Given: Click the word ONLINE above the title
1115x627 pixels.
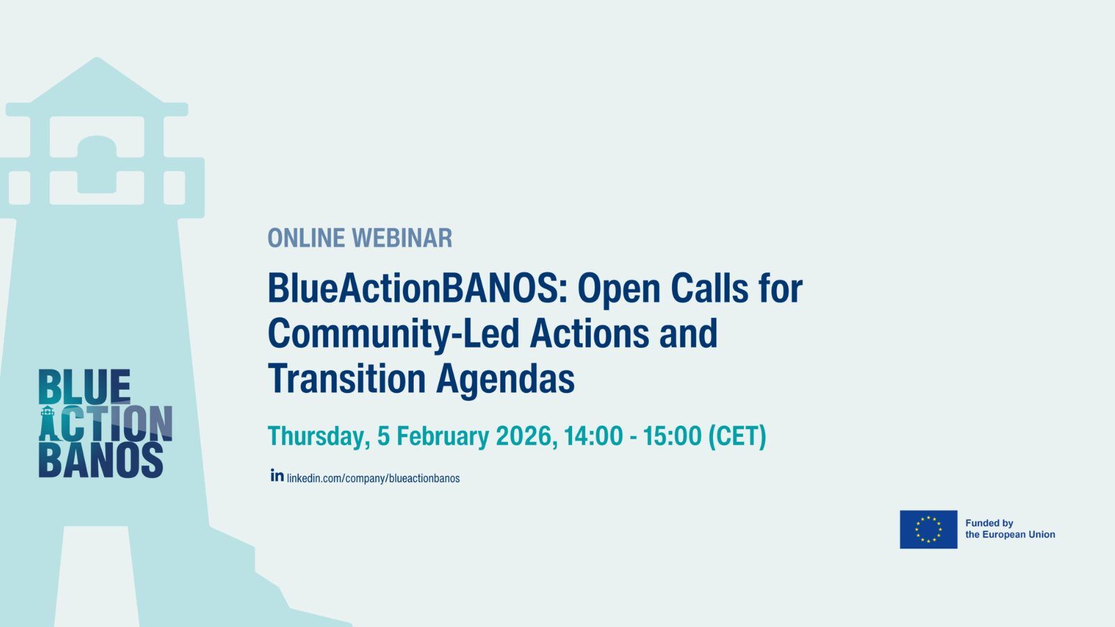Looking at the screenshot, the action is [x=306, y=238].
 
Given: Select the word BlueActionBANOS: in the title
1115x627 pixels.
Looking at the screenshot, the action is [x=417, y=288].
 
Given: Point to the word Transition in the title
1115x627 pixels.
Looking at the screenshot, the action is [x=347, y=379].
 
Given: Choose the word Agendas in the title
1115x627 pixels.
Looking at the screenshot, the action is [x=505, y=380].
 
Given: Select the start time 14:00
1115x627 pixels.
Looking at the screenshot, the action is [x=593, y=436].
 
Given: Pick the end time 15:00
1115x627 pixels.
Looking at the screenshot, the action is [x=672, y=436].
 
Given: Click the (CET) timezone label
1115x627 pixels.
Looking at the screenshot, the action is [x=737, y=436].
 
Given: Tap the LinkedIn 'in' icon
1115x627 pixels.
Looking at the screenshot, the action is [x=277, y=475].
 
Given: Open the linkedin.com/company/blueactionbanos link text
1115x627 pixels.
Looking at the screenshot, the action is [x=374, y=478].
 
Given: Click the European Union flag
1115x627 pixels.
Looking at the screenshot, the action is [x=928, y=529].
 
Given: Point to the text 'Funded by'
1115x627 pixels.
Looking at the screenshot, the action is [x=989, y=523].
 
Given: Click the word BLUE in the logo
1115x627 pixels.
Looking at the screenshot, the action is [x=84, y=387].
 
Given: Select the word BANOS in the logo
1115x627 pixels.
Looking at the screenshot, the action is [x=101, y=460].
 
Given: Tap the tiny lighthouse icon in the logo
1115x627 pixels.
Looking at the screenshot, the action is [x=47, y=424].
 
